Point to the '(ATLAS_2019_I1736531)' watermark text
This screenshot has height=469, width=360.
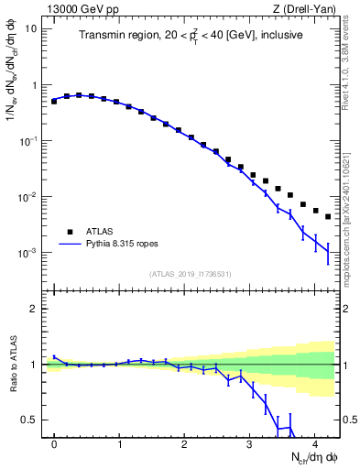tap(191, 274)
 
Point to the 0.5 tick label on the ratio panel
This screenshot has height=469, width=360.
tap(30, 420)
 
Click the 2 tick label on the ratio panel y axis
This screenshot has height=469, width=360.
tap(36, 309)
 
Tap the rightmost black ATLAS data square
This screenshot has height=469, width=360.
tap(328, 217)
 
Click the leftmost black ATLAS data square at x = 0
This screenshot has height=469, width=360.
tap(54, 101)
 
